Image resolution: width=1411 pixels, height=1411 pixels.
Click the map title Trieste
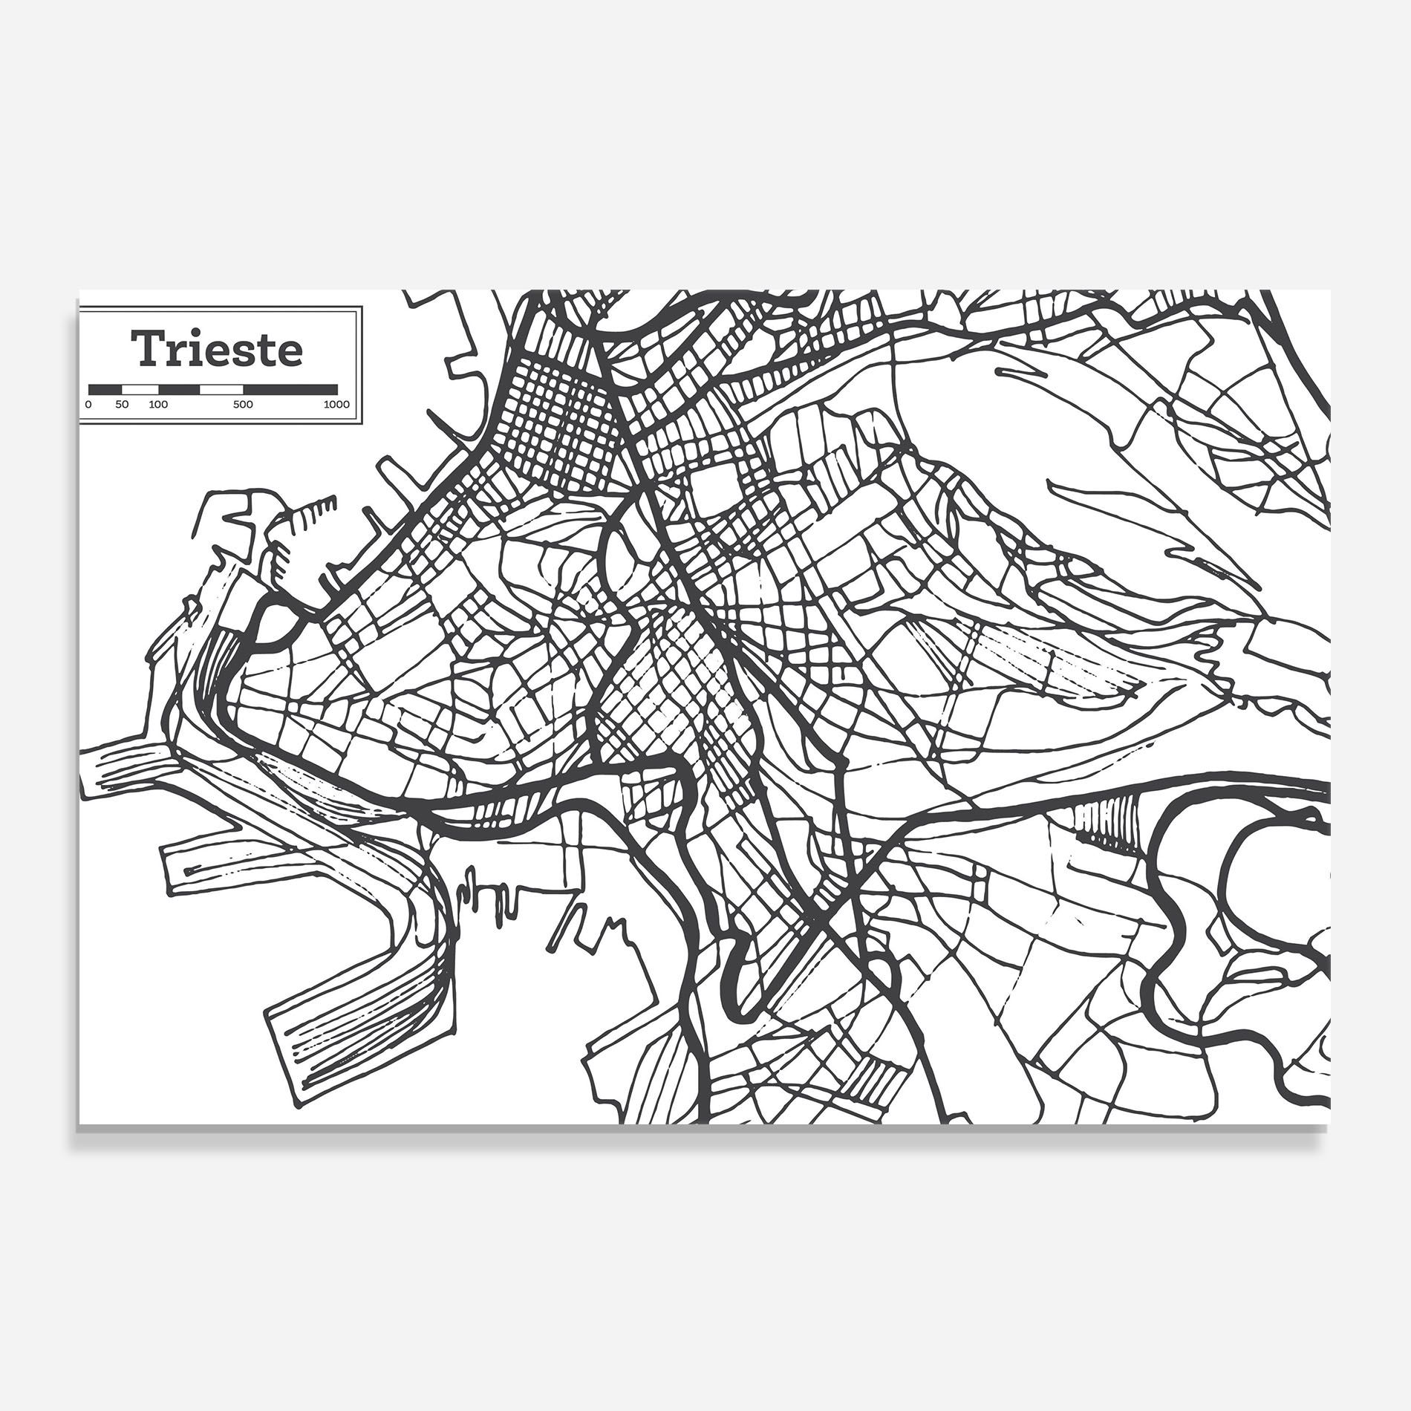(x=218, y=350)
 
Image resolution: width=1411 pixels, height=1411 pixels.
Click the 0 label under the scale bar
(x=89, y=405)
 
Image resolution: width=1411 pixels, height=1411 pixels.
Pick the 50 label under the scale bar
(x=123, y=405)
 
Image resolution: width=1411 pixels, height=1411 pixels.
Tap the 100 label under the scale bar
(x=158, y=405)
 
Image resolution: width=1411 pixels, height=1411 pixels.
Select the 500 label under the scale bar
(x=243, y=405)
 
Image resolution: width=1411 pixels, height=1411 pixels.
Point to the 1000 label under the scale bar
(x=336, y=405)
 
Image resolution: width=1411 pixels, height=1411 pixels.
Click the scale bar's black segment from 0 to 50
(x=105, y=388)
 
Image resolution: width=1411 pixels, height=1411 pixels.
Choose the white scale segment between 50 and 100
(x=140, y=388)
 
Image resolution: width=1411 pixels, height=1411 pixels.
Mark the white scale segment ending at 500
(x=222, y=388)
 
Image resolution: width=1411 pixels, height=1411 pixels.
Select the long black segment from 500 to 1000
(x=290, y=388)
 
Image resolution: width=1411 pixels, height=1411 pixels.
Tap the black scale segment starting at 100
(x=179, y=388)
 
